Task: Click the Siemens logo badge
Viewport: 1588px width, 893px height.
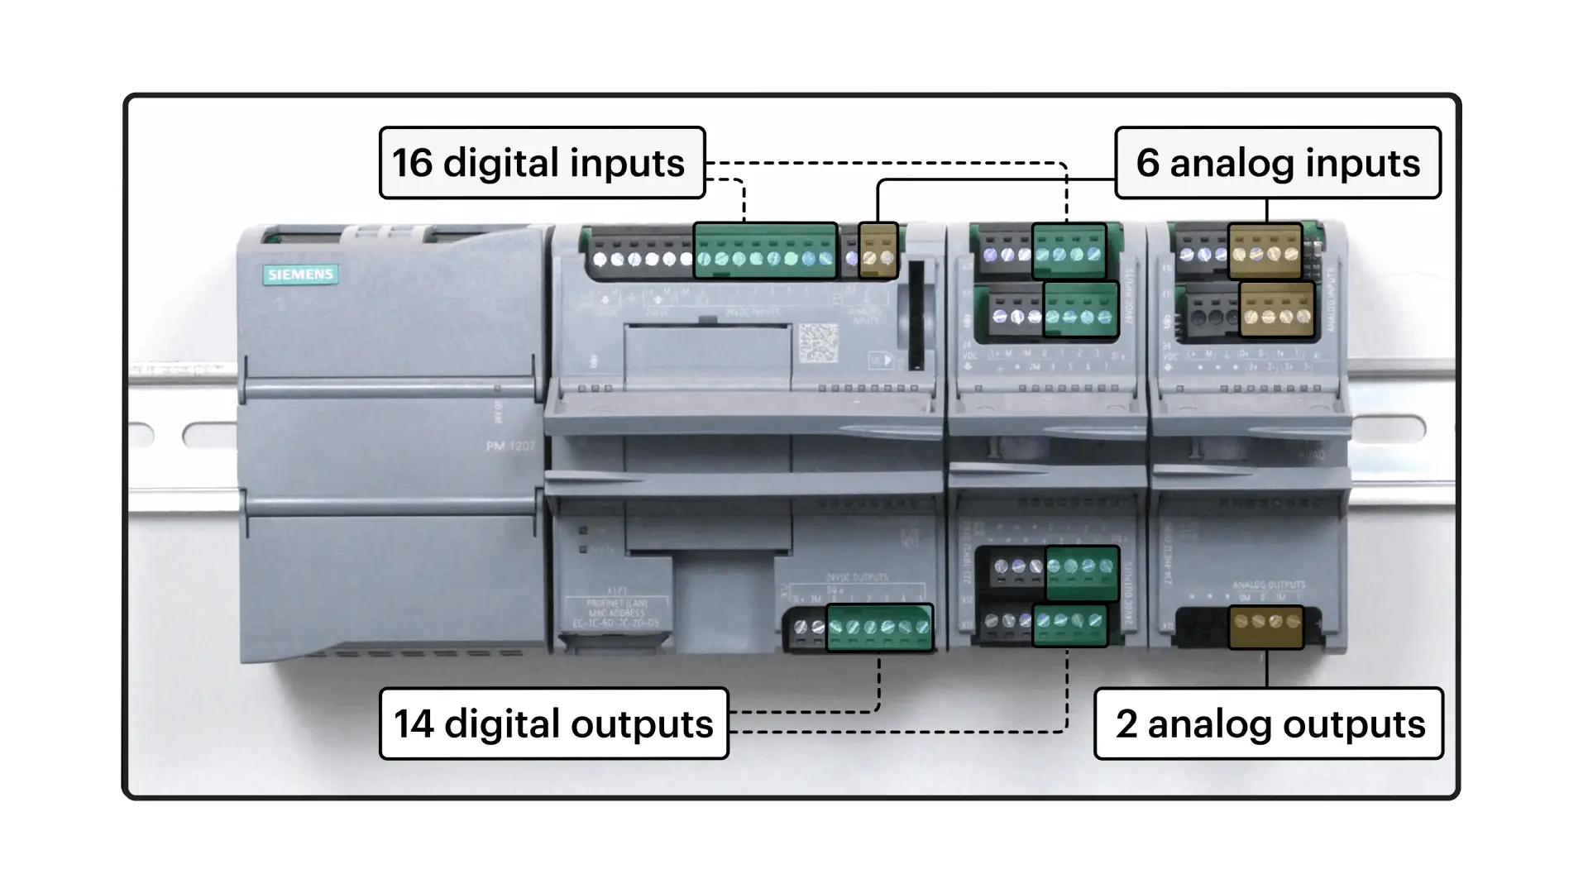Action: point(300,275)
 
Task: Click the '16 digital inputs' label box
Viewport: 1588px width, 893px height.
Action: point(542,163)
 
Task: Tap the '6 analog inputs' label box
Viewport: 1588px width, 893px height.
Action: point(1277,163)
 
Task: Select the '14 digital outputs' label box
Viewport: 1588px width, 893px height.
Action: point(553,723)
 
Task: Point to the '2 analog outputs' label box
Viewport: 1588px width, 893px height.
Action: point(1268,723)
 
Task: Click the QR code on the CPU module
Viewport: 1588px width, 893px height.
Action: point(818,343)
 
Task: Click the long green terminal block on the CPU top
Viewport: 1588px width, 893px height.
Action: point(765,251)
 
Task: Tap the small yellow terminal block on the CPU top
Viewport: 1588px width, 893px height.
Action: point(878,251)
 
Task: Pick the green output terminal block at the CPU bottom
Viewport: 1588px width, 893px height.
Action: point(879,628)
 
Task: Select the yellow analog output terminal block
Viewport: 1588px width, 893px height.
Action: point(1265,627)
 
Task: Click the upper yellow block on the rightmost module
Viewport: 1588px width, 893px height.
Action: point(1265,250)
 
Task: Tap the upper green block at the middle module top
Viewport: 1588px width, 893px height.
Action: point(1069,250)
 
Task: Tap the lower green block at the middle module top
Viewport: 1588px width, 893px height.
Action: point(1080,309)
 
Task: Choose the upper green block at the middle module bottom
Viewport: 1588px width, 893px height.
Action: point(1082,572)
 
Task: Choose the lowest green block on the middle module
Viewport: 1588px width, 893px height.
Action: point(1070,625)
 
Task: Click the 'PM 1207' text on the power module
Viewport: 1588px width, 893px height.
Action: point(510,446)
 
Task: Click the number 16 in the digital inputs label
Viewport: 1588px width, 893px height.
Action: point(412,163)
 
